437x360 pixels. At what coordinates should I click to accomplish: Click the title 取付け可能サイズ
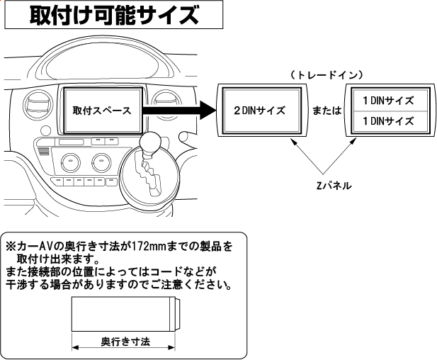pyautogui.click(x=113, y=15)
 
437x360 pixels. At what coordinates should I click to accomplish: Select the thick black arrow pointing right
pyautogui.click(x=177, y=111)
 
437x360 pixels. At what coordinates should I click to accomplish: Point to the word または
pyautogui.click(x=327, y=111)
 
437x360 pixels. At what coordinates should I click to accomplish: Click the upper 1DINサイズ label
pyautogui.click(x=387, y=100)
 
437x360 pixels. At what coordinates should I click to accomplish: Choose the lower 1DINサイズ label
pyautogui.click(x=387, y=122)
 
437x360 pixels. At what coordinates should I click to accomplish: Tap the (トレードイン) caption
pyautogui.click(x=327, y=74)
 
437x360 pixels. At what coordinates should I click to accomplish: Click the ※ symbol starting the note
pyautogui.click(x=11, y=247)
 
